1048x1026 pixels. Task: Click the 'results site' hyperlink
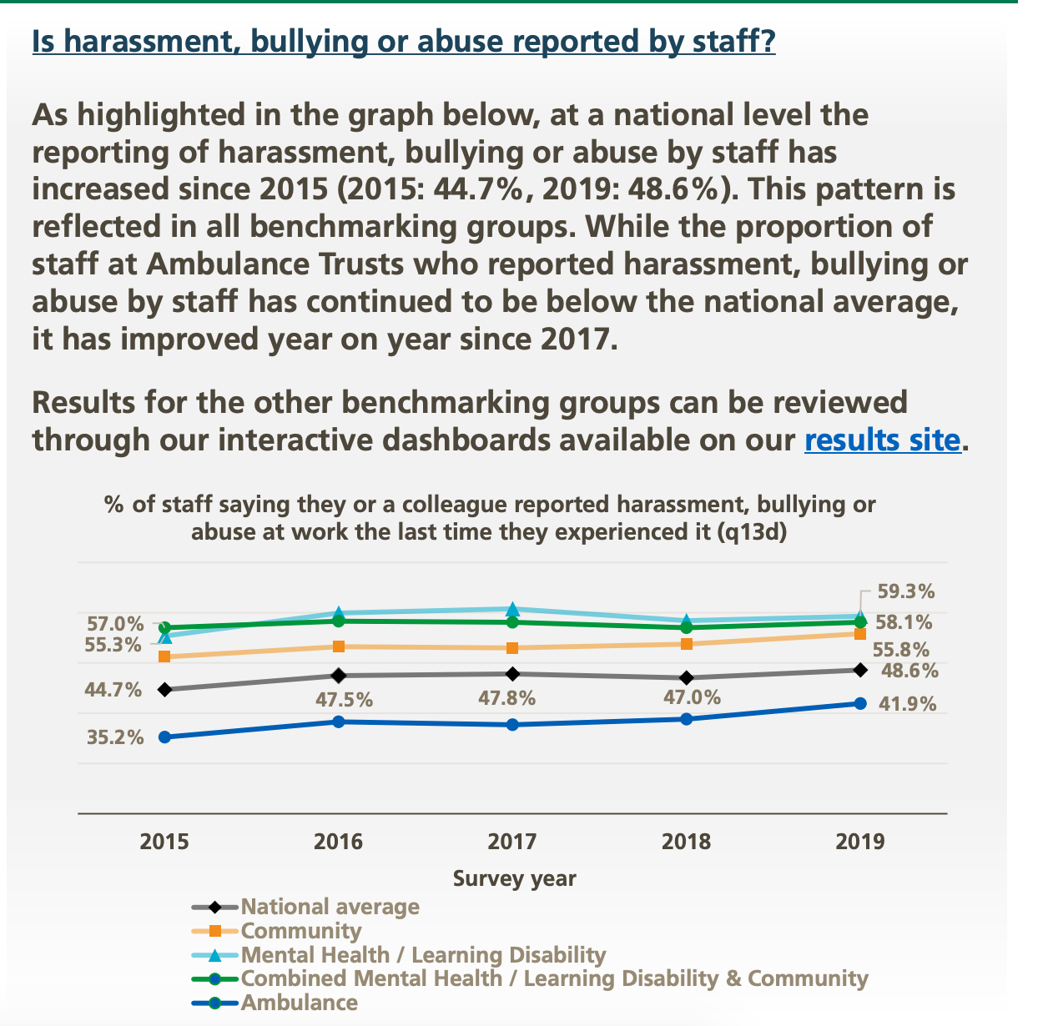pos(883,440)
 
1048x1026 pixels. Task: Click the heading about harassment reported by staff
pos(403,41)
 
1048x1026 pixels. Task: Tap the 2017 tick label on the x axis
pos(511,841)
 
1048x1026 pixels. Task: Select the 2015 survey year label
pos(164,841)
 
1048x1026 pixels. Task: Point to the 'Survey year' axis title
pos(514,878)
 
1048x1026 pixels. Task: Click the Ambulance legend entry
pos(299,1003)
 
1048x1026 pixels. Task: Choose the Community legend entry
pos(300,931)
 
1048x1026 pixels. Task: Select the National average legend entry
pos(330,907)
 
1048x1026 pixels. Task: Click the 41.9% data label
pos(908,704)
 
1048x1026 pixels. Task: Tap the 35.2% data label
pos(114,737)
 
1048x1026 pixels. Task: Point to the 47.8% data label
pos(506,699)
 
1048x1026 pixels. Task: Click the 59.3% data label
pos(906,591)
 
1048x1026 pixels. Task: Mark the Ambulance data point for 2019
pos(860,703)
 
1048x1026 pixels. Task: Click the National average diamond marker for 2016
pos(338,675)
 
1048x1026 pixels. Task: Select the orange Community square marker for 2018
pos(686,644)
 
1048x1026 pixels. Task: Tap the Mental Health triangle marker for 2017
pos(512,609)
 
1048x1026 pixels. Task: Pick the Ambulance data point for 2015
pos(164,737)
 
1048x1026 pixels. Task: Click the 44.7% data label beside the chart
pos(113,690)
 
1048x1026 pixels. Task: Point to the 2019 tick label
pos(859,841)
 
